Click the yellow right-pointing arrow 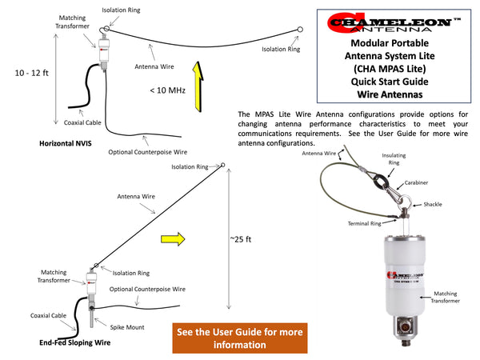click(173, 238)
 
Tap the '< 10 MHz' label click(167, 90)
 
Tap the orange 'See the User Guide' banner click(240, 338)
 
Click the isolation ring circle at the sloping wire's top click(223, 165)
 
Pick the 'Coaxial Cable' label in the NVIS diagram click(82, 123)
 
